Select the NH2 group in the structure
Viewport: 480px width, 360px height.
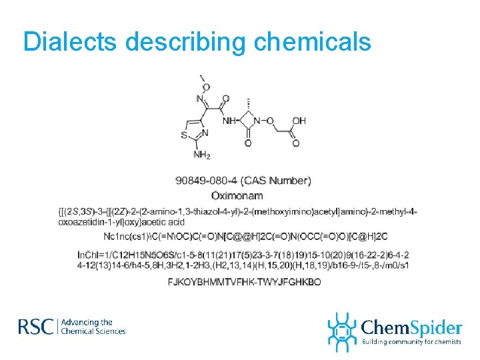(x=201, y=155)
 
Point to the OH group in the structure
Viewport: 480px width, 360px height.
(x=299, y=121)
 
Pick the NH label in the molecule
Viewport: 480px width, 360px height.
(x=229, y=121)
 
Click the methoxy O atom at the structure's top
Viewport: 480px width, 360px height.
(x=206, y=87)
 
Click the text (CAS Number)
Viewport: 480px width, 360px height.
(x=277, y=181)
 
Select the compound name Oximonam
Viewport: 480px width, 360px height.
(x=237, y=195)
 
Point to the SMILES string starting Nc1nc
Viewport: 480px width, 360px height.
(x=245, y=237)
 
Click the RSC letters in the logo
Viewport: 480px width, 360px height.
(x=35, y=327)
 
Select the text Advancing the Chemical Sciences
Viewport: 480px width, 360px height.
(x=93, y=327)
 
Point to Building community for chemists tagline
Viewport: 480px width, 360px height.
(x=411, y=342)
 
